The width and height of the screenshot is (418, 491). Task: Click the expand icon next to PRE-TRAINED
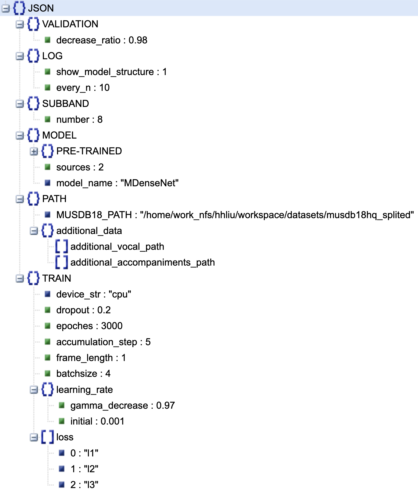[34, 151]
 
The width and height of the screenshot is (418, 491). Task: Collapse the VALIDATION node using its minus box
[20, 24]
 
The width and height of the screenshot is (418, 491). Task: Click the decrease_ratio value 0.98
[138, 40]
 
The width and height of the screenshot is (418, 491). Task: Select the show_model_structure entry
[105, 72]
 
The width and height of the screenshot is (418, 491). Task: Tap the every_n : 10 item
[83, 88]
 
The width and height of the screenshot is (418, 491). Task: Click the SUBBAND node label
[65, 104]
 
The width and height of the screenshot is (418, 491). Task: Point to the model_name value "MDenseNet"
[150, 183]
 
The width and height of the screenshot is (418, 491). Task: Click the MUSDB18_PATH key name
[94, 215]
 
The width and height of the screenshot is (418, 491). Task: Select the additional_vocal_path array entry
[117, 247]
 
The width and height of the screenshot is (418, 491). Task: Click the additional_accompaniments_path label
[143, 262]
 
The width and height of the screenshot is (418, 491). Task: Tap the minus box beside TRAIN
[20, 278]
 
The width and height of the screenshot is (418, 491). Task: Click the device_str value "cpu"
[120, 294]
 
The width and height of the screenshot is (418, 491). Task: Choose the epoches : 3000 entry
[89, 326]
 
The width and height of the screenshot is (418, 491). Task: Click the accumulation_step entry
[103, 342]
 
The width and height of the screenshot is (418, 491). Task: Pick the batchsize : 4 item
[83, 374]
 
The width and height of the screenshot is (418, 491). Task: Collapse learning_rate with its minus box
[34, 390]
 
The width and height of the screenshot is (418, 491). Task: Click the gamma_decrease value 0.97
[165, 406]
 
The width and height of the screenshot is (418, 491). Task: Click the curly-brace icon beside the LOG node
[33, 56]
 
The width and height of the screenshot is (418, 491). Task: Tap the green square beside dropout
[48, 310]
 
